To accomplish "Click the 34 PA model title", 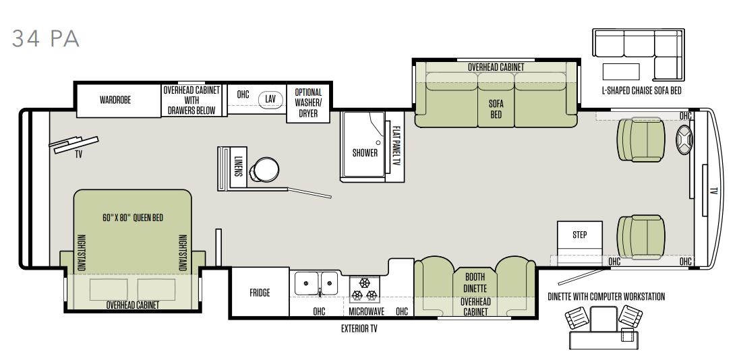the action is [46, 38].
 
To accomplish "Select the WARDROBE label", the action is [115, 100].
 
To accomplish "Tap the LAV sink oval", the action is [270, 99].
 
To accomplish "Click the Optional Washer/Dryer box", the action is [307, 103].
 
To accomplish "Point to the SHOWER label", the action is [365, 152].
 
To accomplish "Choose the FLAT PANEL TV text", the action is [396, 146].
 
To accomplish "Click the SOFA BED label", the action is [496, 109].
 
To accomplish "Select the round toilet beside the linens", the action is [264, 169].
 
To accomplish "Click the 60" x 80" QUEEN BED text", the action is [132, 218].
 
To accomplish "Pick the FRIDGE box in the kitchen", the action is [260, 293].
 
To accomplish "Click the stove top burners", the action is [364, 289].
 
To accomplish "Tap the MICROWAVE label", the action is [366, 311].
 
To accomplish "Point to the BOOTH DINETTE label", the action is [475, 282].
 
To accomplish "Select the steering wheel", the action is [684, 140].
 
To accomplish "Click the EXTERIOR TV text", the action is [359, 329].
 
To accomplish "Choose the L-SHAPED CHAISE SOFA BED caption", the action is [641, 90].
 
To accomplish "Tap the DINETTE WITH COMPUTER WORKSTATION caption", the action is [606, 297].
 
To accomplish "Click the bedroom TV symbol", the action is [74, 144].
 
